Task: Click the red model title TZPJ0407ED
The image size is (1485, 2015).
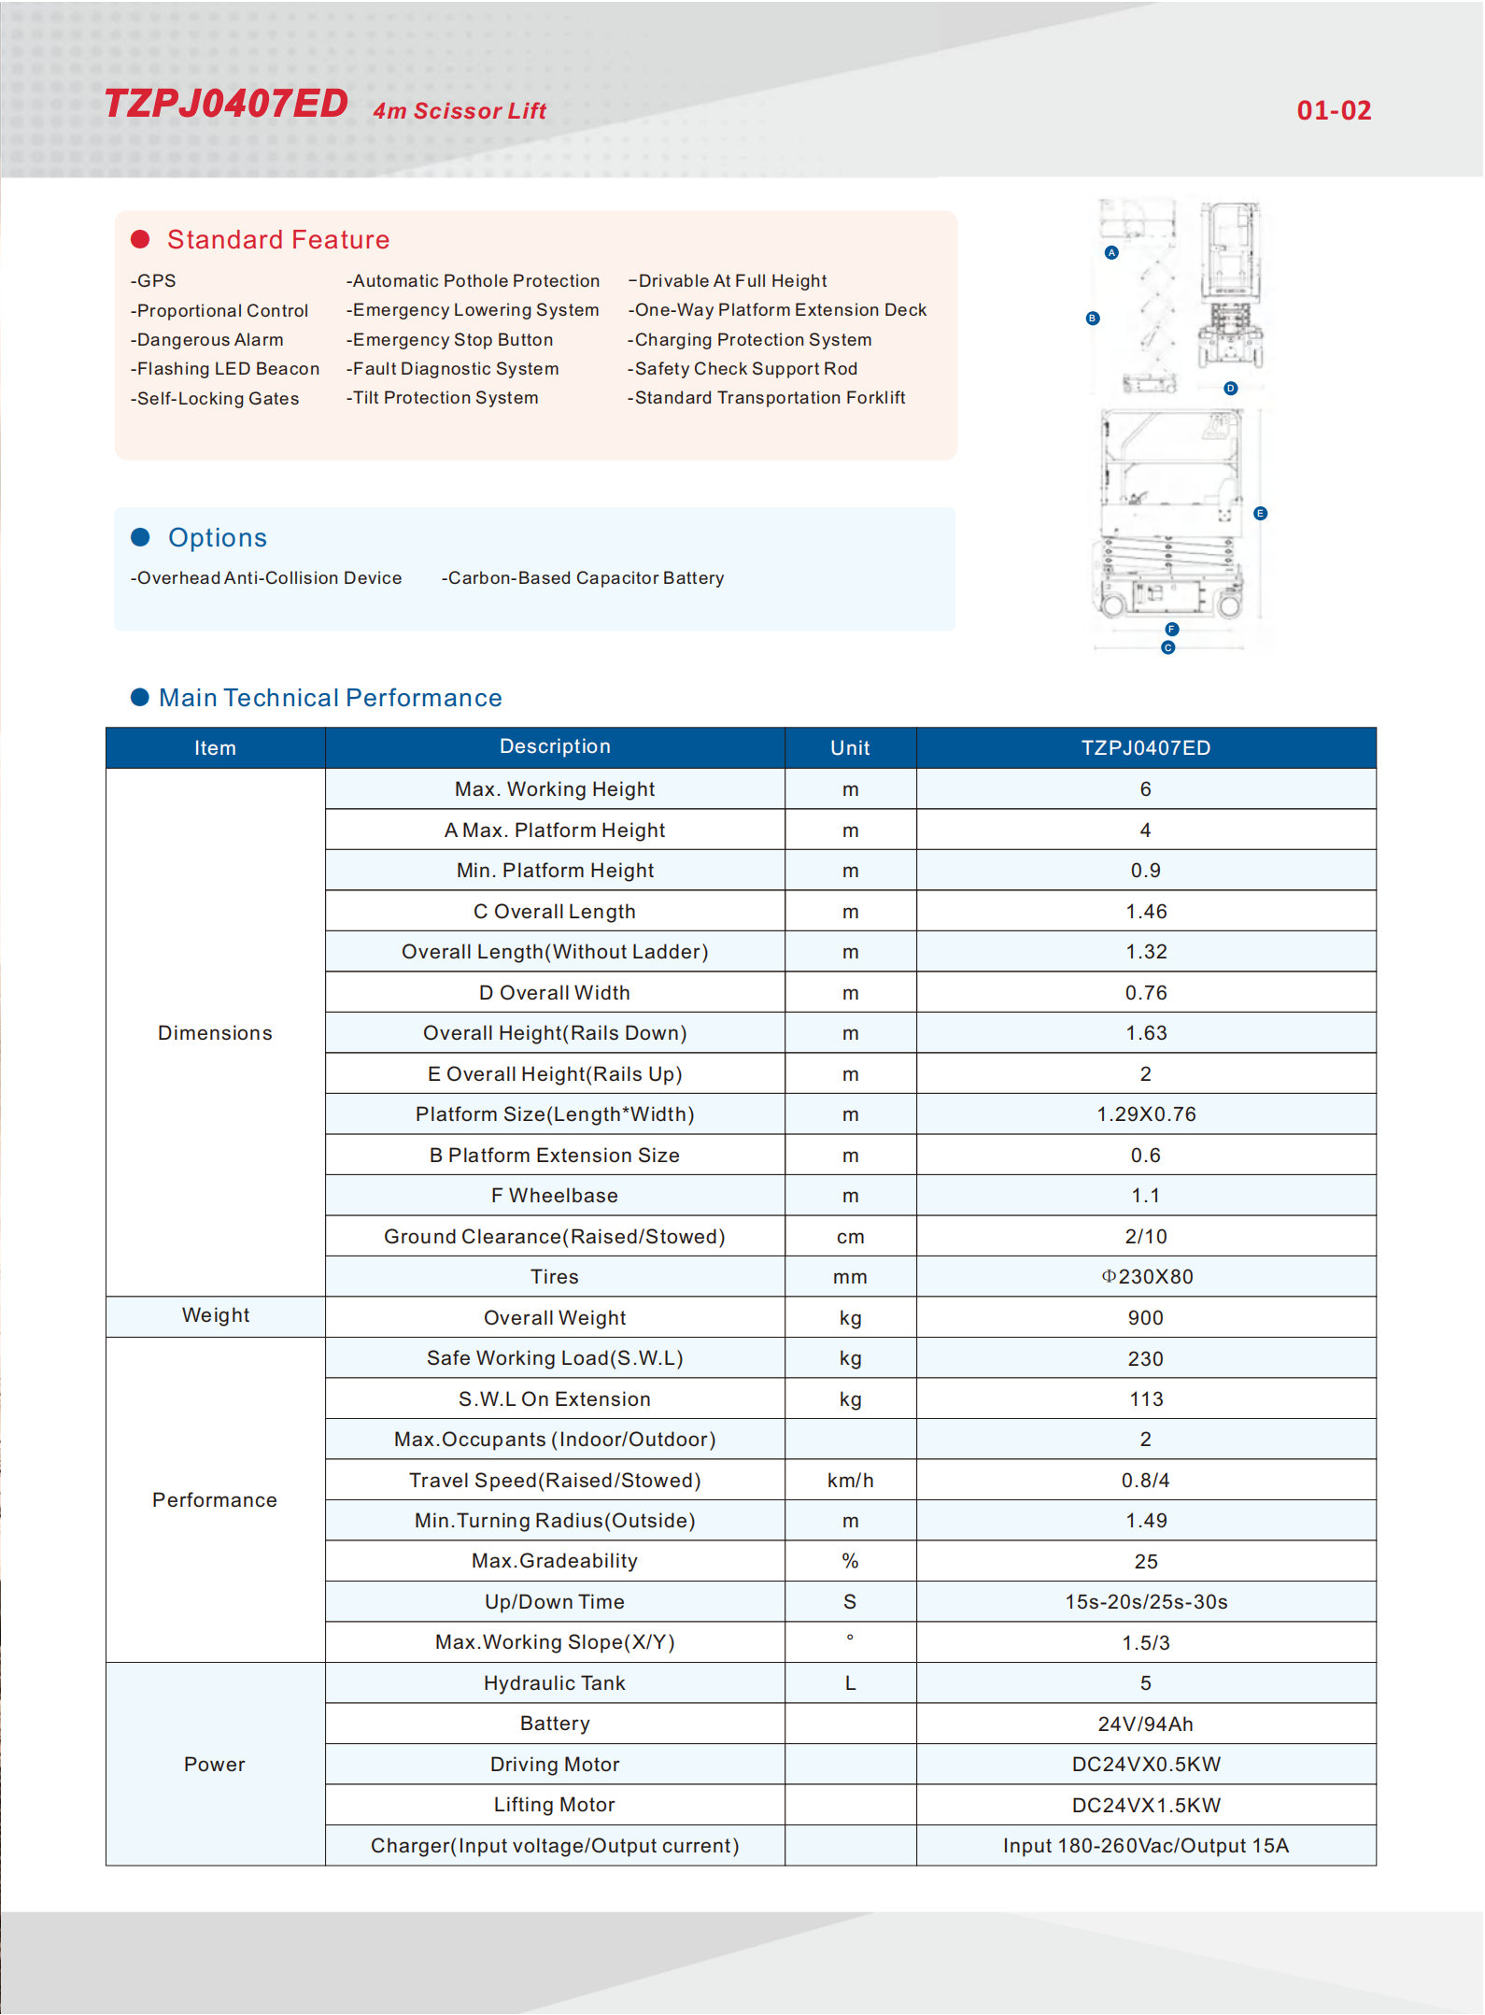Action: tap(226, 104)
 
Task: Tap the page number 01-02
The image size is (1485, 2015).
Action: tap(1334, 110)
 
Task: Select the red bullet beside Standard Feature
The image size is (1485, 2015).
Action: tap(140, 239)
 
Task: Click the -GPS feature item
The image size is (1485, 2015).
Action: tap(154, 281)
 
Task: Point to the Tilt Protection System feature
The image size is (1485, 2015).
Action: tap(443, 398)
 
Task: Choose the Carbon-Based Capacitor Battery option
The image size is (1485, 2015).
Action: tap(583, 578)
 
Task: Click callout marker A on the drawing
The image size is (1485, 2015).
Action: tap(1111, 252)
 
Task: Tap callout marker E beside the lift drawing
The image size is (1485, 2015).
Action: tap(1260, 513)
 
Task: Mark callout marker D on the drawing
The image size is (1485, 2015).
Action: tap(1231, 388)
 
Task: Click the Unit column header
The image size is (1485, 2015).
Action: tap(850, 747)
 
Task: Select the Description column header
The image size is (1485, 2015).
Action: tap(555, 746)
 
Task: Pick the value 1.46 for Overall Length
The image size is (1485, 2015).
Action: tap(1146, 912)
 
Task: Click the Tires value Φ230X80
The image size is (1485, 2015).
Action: tap(1146, 1277)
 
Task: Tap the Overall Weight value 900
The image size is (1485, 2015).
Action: tap(1146, 1318)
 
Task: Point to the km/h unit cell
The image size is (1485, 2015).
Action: tap(850, 1481)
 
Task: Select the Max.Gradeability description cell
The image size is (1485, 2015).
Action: tap(555, 1561)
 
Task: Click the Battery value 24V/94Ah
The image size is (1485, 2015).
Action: tap(1146, 1724)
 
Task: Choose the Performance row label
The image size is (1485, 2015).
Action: tap(215, 1500)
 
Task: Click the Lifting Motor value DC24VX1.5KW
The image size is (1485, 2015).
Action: tap(1146, 1806)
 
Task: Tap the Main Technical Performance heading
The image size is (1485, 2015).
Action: tap(330, 698)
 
